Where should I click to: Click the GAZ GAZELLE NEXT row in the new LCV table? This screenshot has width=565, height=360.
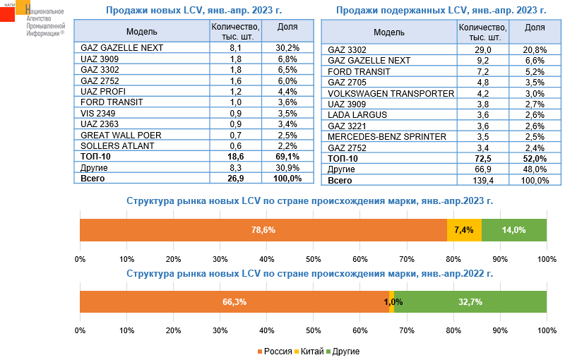122,48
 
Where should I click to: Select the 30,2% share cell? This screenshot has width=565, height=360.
285,48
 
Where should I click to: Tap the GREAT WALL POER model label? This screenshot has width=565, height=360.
121,135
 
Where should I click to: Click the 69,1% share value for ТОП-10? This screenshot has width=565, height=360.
285,157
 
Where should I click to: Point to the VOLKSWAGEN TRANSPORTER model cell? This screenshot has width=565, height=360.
391,93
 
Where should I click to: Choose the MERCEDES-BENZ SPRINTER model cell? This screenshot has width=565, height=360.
387,136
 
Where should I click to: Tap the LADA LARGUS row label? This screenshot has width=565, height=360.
359,115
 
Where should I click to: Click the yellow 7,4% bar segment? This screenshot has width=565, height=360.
464,230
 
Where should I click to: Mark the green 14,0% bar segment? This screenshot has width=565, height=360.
513,230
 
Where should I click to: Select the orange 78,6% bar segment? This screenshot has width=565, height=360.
263,230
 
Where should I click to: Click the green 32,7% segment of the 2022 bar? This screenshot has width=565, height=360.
470,302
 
